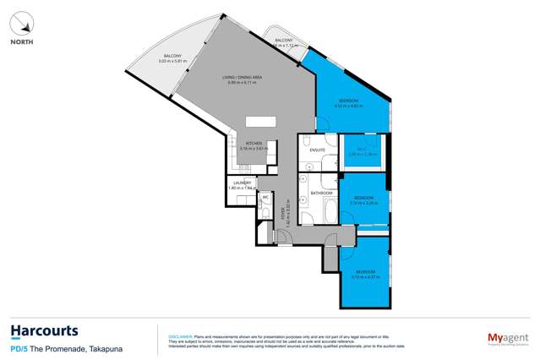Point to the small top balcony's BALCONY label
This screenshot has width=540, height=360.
tap(283, 40)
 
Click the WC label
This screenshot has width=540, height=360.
tap(264, 198)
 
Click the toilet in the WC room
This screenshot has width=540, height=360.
tap(264, 211)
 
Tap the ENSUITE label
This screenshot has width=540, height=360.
tap(318, 150)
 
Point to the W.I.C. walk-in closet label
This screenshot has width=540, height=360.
tap(361, 149)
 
